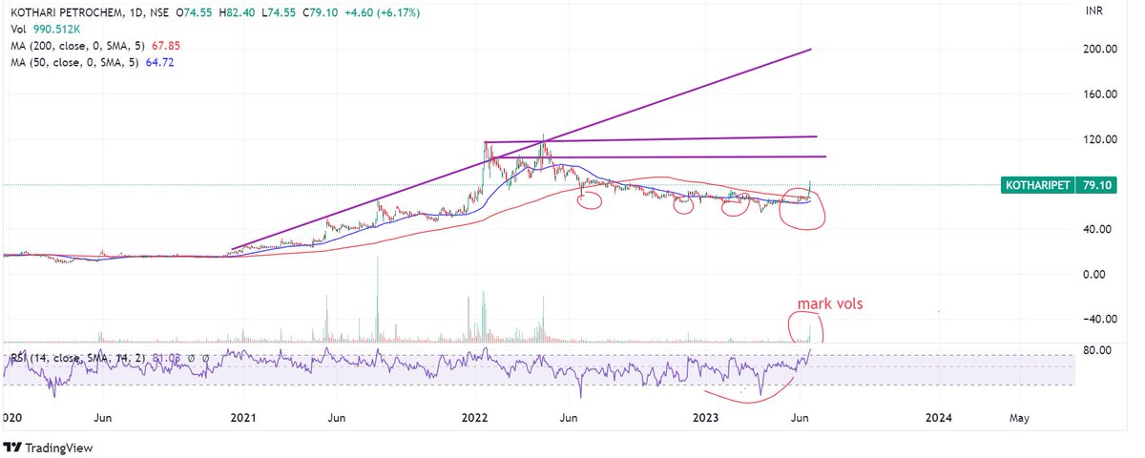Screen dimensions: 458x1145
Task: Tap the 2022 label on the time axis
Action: [x=474, y=417]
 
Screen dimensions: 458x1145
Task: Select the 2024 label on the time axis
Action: [x=938, y=417]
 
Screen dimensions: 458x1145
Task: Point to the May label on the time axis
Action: [x=1019, y=417]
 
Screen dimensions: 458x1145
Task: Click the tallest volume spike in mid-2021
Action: [x=378, y=296]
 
